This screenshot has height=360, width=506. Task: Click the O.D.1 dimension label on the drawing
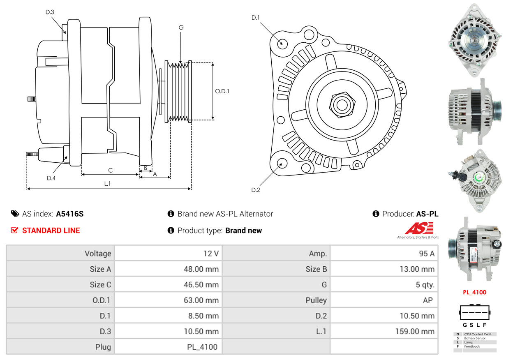[222, 91]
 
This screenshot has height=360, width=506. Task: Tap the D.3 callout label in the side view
[50, 12]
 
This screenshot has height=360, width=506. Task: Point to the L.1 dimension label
[107, 184]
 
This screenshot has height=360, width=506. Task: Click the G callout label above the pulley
[181, 28]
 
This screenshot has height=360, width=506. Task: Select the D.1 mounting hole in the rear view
[282, 43]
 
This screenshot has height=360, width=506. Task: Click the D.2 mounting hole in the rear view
[282, 163]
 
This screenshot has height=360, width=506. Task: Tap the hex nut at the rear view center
[341, 104]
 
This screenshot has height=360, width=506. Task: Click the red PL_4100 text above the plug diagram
[474, 293]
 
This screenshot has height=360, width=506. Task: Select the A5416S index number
[70, 214]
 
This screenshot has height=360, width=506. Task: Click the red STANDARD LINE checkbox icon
[14, 231]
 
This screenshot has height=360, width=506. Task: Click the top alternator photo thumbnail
[474, 40]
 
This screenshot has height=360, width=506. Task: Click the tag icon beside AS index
[15, 214]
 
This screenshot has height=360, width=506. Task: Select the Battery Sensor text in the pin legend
[475, 338]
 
